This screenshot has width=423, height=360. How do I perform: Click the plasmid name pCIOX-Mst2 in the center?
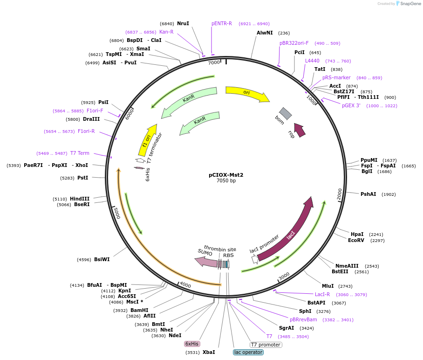pos(226,175)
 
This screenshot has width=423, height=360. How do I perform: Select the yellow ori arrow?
pos(247,93)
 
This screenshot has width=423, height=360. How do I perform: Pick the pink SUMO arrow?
pos(206,262)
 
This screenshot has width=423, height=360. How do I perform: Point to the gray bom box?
pos(286,113)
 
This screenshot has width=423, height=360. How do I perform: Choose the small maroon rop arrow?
pos(300,130)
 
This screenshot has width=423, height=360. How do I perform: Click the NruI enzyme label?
pos(183,23)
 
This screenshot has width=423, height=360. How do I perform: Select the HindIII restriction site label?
pos(80,199)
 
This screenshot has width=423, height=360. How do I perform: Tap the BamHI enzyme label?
pos(139,310)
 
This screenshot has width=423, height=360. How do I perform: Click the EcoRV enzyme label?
pos(356,240)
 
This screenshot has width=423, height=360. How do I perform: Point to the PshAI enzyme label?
pos(368,194)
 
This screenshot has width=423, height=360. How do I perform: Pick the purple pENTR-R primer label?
pos(221,23)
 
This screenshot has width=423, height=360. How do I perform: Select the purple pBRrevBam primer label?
pos(303,320)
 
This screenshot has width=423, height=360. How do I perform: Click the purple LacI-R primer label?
pos(322,294)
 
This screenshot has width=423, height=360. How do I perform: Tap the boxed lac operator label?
pos(248,352)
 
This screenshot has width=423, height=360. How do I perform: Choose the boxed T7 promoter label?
pos(266,345)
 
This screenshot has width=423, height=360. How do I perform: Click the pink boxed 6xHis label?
pos(192,344)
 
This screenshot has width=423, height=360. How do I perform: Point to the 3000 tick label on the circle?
pos(284,276)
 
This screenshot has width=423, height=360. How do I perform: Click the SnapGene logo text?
pos(410,4)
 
